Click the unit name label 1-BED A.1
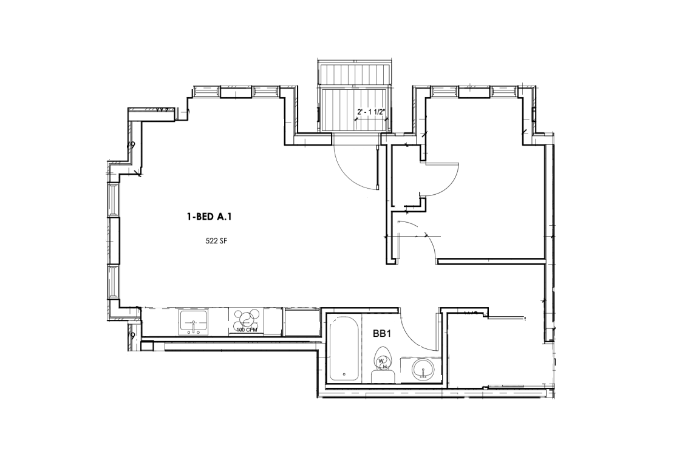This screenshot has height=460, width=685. pyautogui.click(x=206, y=216)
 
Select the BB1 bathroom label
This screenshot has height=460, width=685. pyautogui.click(x=381, y=333)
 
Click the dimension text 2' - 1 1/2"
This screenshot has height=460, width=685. pyautogui.click(x=372, y=112)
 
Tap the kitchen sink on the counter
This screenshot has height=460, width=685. pyautogui.click(x=194, y=321)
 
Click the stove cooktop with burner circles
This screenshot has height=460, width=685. pyautogui.click(x=247, y=320)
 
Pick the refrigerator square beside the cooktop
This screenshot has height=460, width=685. pyautogui.click(x=301, y=322)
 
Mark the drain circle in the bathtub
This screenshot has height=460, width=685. pyautogui.click(x=344, y=374)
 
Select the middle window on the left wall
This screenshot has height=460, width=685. pyautogui.click(x=113, y=240)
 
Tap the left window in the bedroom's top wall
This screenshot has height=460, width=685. pyautogui.click(x=445, y=91)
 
